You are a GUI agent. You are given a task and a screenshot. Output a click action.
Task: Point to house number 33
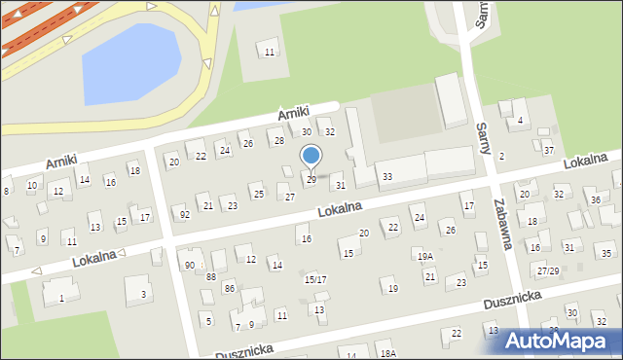pos(387,176)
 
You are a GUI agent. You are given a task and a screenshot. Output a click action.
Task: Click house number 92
pos(185,214)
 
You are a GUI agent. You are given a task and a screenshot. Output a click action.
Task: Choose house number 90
pos(190,265)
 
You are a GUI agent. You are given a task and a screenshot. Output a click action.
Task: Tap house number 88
pos(211,276)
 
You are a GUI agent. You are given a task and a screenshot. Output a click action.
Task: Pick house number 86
pos(229,288)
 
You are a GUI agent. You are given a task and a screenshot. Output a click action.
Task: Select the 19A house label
pos(425,256)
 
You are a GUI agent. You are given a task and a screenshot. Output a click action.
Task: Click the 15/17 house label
pos(314,279)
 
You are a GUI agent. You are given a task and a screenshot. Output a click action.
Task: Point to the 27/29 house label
pos(548,270)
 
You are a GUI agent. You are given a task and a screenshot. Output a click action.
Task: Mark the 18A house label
pos(388,353)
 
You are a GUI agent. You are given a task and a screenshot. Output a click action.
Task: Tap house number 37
pos(549,150)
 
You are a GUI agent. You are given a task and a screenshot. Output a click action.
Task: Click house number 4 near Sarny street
pos(521,121)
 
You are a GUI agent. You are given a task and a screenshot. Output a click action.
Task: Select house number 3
pos(144,293)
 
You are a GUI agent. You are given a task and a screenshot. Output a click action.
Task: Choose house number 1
pos(61,298)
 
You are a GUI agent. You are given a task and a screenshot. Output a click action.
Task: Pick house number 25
pos(258,195)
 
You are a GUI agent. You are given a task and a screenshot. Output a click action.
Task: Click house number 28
pos(278,141)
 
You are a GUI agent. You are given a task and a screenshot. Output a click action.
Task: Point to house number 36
pos(596,199)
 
